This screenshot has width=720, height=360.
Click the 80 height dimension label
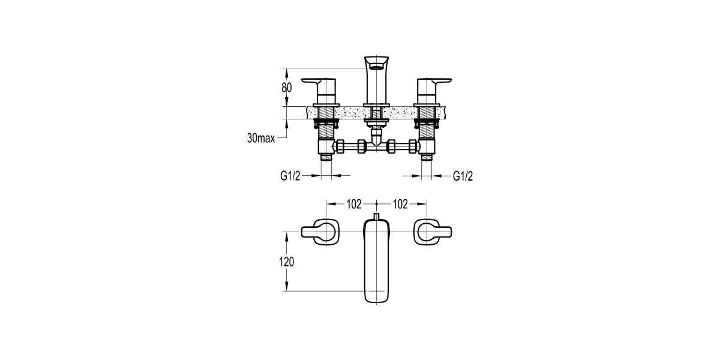coord(287,88)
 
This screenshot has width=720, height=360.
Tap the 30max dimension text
coord(261,138)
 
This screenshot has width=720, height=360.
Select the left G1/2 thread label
coord(290,176)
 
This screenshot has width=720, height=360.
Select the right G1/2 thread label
coord(463,176)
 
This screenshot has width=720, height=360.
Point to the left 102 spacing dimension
coord(354,204)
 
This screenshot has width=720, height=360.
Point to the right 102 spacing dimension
coord(400,204)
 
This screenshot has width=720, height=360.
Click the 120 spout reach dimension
coord(287,262)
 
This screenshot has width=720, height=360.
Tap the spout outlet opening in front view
coord(376,67)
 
